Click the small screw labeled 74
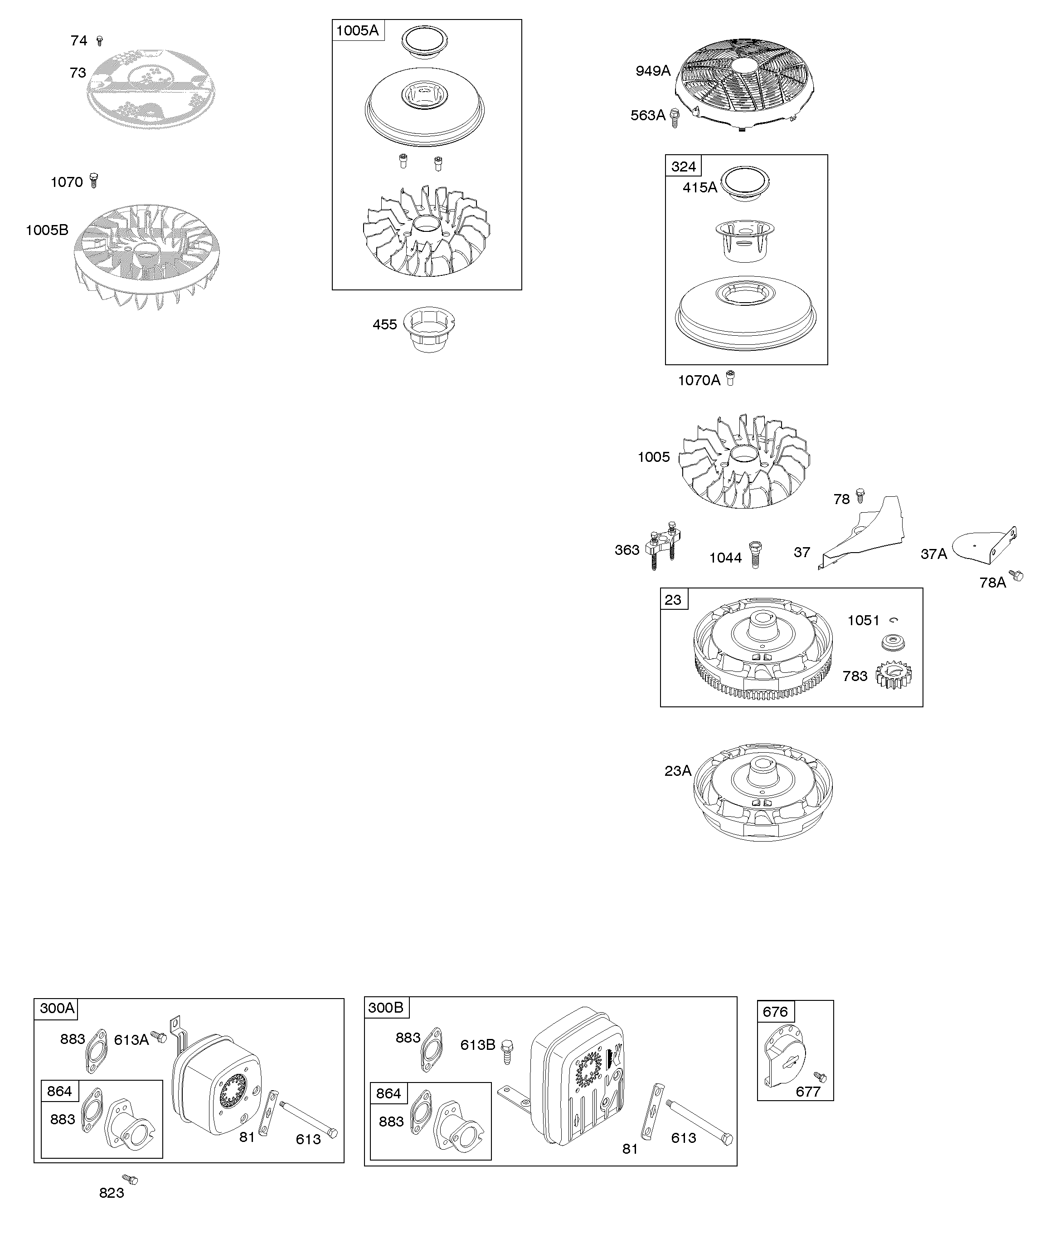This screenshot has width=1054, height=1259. [x=99, y=41]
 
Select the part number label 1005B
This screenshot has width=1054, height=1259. [x=47, y=230]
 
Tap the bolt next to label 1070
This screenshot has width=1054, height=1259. [x=93, y=181]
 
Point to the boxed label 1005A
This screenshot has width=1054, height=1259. [x=358, y=30]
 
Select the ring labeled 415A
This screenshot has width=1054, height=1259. [x=745, y=184]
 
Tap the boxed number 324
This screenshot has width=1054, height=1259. [x=683, y=166]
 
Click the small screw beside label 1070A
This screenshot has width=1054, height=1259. [x=730, y=378]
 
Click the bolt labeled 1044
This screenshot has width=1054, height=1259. [x=755, y=554]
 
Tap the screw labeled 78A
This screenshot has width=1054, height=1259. [x=1017, y=576]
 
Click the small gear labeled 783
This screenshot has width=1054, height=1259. [x=894, y=675]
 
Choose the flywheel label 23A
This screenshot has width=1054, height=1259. [x=678, y=771]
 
